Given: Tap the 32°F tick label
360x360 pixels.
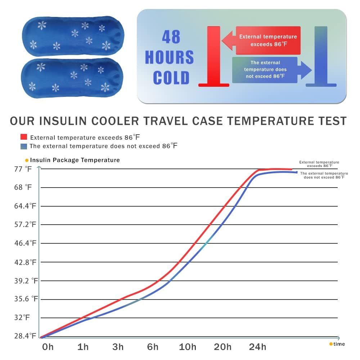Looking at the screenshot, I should pyautogui.click(x=21, y=318).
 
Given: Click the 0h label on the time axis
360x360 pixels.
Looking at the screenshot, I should pyautogui.click(x=48, y=347).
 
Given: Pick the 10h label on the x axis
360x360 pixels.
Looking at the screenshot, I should pyautogui.click(x=188, y=347).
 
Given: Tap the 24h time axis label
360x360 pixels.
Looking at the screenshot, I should pyautogui.click(x=258, y=347).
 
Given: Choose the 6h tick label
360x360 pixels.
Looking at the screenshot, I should pyautogui.click(x=153, y=347).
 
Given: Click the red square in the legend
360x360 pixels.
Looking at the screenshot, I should pyautogui.click(x=24, y=137).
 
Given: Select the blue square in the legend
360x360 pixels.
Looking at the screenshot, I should pyautogui.click(x=24, y=146).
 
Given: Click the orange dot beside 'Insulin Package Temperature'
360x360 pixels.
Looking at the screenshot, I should pyautogui.click(x=27, y=160).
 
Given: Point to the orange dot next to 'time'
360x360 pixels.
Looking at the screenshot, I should pyautogui.click(x=331, y=344).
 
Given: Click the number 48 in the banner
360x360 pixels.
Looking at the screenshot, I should pyautogui.click(x=171, y=37).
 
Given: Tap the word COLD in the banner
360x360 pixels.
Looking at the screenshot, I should pyautogui.click(x=171, y=78).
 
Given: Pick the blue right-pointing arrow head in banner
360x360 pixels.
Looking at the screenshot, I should pyautogui.click(x=306, y=70).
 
